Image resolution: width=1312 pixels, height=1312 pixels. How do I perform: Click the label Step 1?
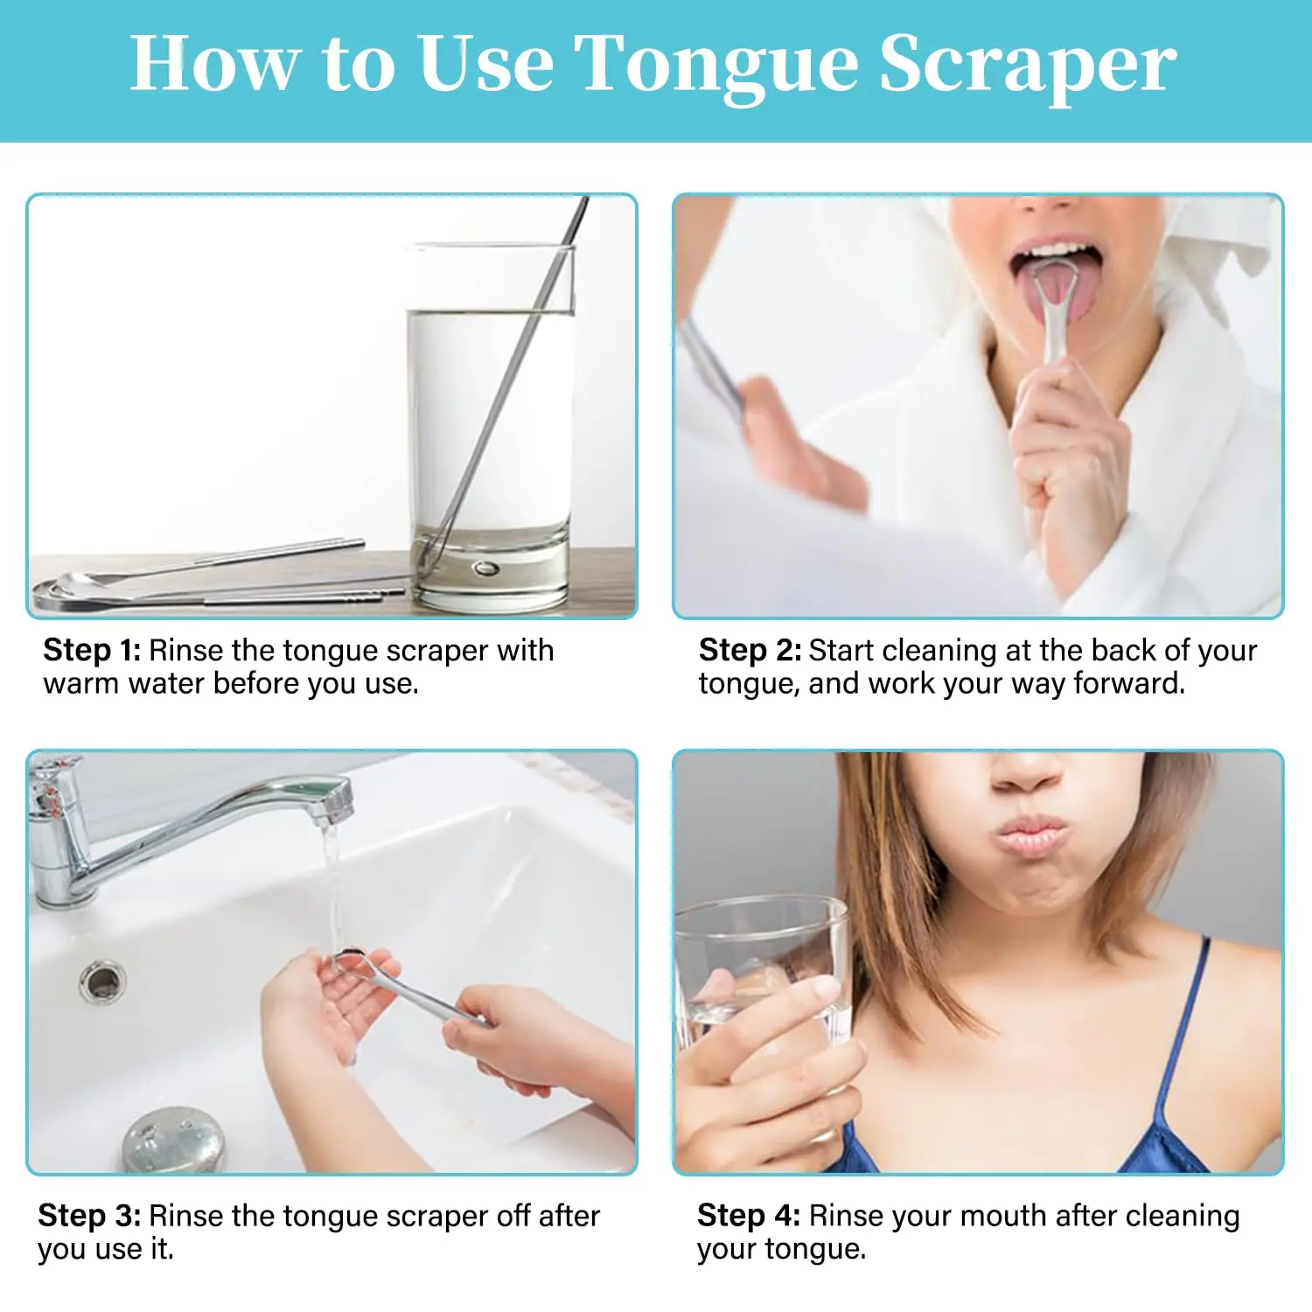tap(92, 650)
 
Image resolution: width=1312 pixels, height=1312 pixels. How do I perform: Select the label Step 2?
tap(750, 650)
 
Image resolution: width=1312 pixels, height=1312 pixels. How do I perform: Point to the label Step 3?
tap(89, 1215)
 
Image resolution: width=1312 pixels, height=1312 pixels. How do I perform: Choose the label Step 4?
tap(749, 1215)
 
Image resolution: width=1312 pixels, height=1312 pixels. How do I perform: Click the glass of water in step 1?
tap(491, 429)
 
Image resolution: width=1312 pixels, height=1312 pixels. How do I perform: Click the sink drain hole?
tap(102, 981)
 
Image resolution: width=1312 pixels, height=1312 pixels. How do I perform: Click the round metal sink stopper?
tap(173, 1139)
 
